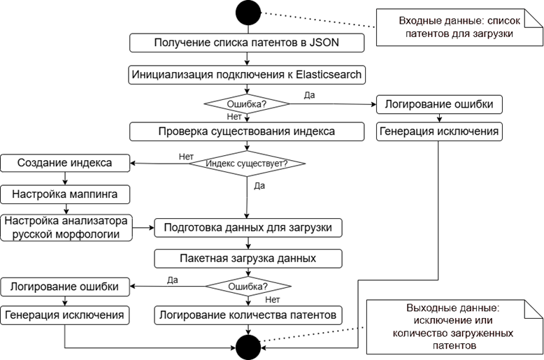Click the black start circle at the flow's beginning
point(248,12)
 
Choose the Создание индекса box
point(66,164)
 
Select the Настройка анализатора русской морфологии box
point(66,227)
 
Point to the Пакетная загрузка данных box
point(248,258)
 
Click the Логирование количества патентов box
point(248,315)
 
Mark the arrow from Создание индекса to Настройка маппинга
point(66,178)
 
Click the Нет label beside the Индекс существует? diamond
point(186,156)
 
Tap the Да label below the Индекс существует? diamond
point(259,186)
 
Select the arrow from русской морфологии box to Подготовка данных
point(143,227)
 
